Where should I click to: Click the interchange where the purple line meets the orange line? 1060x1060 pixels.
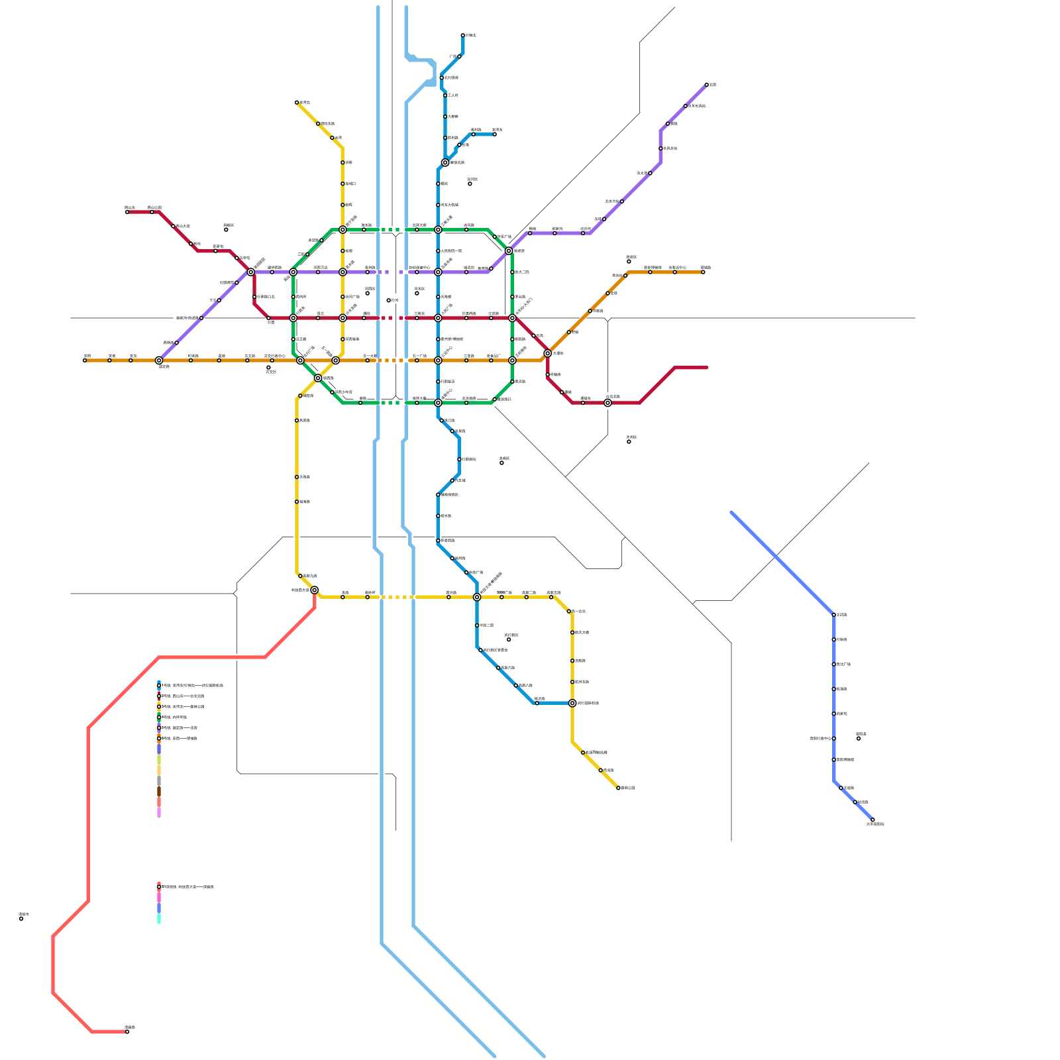(x=159, y=360)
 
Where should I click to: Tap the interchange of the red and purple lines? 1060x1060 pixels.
(x=251, y=272)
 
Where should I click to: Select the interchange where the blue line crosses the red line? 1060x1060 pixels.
(x=438, y=318)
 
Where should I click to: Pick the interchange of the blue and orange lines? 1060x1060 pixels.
(x=438, y=360)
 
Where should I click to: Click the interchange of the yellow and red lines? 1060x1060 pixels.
(x=343, y=318)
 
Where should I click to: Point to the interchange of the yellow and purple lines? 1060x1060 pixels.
(x=343, y=272)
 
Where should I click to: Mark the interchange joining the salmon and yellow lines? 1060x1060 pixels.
(x=314, y=590)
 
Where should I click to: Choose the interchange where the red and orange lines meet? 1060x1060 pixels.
(x=547, y=353)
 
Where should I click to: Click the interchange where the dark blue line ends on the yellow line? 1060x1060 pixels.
(x=572, y=703)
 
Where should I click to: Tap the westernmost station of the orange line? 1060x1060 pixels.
(x=85, y=360)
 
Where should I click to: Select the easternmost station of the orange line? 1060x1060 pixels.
(x=703, y=272)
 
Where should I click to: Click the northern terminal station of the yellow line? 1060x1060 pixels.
(x=296, y=103)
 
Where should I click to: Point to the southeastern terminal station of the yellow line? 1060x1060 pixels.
(x=618, y=788)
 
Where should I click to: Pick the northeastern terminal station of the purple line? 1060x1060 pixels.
(x=706, y=85)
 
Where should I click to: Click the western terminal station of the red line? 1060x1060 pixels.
(x=127, y=212)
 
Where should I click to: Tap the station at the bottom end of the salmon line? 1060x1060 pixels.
(x=127, y=1032)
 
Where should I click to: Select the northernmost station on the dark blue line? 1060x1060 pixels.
(x=462, y=35)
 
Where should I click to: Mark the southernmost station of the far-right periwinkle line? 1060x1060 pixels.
(x=873, y=820)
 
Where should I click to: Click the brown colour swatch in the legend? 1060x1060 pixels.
(x=159, y=791)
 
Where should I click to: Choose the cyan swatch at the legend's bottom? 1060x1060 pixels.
(x=159, y=918)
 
